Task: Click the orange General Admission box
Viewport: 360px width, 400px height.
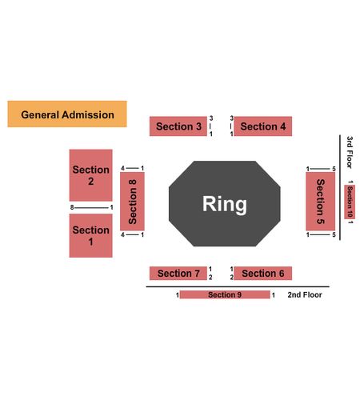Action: point(67,114)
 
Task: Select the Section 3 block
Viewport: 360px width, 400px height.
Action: point(178,126)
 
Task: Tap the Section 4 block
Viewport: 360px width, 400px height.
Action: point(263,126)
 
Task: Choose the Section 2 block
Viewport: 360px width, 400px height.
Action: point(91,175)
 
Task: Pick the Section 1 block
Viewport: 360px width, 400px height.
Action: point(91,235)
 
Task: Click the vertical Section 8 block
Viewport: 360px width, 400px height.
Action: point(132,202)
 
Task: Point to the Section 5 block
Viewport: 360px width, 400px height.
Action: point(320,202)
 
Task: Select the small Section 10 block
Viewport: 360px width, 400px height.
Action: point(350,202)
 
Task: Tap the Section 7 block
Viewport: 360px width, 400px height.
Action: point(178,274)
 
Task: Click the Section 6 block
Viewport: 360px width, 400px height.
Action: point(263,274)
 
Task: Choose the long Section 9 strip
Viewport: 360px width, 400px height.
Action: point(225,294)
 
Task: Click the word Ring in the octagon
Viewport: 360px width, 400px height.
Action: point(225,204)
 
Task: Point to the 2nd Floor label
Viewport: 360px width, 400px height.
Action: point(305,294)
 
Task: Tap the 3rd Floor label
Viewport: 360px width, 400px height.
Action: point(350,152)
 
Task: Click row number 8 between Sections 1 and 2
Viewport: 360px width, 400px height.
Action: point(72,207)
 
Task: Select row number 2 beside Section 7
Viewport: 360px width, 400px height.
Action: point(210,278)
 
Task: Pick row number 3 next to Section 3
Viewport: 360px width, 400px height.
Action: point(211,118)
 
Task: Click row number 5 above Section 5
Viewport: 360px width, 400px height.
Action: point(334,169)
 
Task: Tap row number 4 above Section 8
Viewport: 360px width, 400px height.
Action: point(122,168)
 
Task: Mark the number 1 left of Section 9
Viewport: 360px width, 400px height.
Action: point(178,295)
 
